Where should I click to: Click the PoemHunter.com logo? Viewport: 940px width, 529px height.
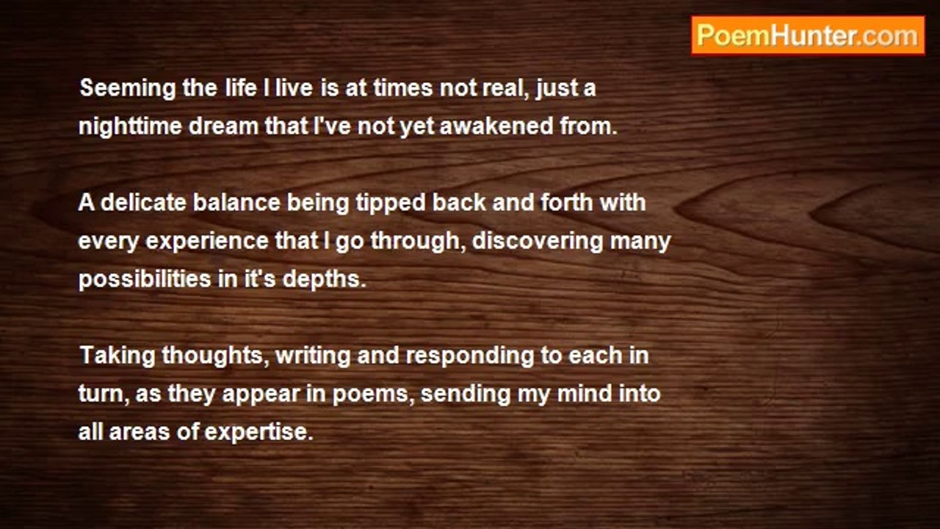(x=808, y=36)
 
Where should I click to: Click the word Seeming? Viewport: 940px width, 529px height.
(x=128, y=89)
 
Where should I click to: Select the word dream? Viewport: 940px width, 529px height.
(x=223, y=126)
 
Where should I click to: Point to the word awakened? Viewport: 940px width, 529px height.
(x=496, y=126)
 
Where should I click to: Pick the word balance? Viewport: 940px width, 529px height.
(x=236, y=202)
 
